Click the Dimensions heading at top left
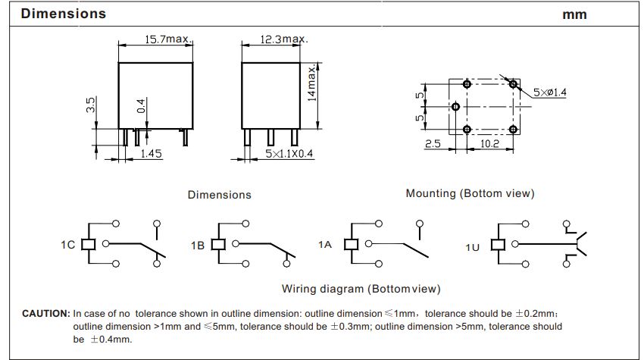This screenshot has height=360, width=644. click(64, 14)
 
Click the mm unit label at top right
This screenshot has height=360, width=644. click(575, 15)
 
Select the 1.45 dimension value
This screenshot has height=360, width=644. click(152, 154)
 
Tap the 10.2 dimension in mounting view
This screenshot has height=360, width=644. click(489, 144)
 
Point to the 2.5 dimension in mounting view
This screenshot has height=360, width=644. click(433, 144)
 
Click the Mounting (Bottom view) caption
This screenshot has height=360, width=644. click(470, 193)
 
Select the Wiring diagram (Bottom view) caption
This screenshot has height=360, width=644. click(361, 289)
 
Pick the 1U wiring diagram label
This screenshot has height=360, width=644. click(472, 246)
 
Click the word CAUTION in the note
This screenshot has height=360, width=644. click(45, 313)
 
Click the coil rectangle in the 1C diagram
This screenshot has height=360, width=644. click(89, 244)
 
